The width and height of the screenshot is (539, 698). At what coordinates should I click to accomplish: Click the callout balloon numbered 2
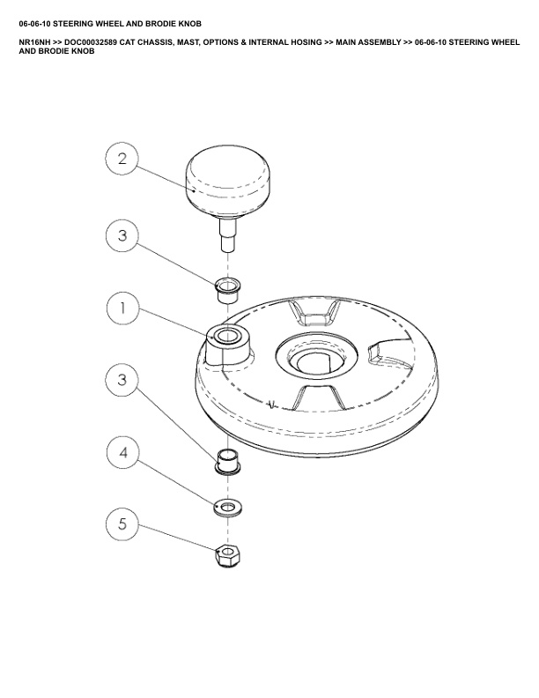(122, 159)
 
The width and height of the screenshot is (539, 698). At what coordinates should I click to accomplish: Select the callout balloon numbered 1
(123, 308)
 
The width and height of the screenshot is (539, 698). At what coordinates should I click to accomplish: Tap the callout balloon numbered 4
(123, 453)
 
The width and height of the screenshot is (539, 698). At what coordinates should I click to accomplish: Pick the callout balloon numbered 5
(122, 524)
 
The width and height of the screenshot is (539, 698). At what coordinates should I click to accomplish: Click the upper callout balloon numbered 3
(122, 235)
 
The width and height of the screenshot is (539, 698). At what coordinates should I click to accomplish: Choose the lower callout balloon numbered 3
(122, 380)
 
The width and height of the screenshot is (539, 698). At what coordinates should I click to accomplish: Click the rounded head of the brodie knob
(227, 182)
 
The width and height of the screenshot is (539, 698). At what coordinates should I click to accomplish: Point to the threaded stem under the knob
(228, 234)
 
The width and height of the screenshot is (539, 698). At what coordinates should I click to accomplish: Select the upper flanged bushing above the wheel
(227, 289)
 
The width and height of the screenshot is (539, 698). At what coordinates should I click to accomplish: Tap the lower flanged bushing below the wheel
(228, 462)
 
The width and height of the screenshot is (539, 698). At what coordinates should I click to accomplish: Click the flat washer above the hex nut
(228, 507)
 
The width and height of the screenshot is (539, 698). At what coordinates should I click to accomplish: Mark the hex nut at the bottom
(228, 556)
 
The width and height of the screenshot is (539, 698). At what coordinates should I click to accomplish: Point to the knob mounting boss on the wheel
(228, 344)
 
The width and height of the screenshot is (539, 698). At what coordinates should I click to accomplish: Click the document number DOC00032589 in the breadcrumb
(91, 42)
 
